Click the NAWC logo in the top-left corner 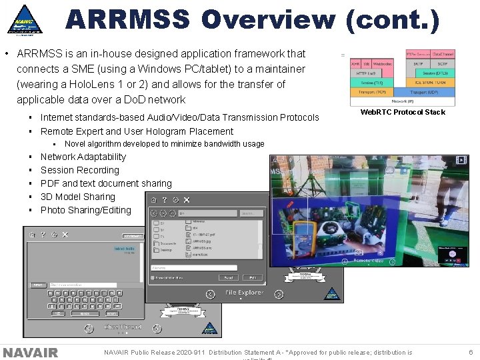[25, 20]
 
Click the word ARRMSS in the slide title [127, 19]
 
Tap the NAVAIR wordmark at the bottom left [30, 353]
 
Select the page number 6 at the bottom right [470, 353]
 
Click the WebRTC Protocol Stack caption [403, 112]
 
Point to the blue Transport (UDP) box [424, 92]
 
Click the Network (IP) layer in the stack [403, 101]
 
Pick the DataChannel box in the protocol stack [443, 53]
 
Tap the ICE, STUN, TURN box [424, 83]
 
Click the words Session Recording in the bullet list [79, 170]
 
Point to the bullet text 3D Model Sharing [77, 197]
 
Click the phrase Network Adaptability [83, 157]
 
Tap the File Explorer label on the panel [244, 293]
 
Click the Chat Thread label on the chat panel [122, 327]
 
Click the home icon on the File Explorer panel [154, 199]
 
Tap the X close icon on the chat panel [65, 235]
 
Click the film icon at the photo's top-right [461, 160]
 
